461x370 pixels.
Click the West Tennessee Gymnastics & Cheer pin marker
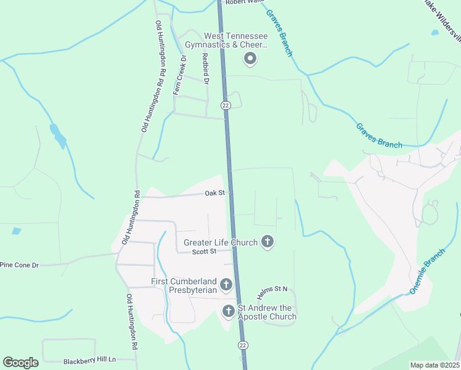point(250,59)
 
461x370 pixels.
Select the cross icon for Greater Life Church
point(267,242)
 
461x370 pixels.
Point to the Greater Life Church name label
point(220,242)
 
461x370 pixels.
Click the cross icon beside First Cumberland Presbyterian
point(226,284)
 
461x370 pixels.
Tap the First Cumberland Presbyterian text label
point(184,286)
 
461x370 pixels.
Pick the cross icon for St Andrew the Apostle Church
point(229,310)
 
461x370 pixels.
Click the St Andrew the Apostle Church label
point(267,313)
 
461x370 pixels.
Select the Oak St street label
point(215,193)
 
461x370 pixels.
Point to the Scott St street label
point(204,251)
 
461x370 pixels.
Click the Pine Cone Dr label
point(19,265)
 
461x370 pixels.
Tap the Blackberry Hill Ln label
point(90,360)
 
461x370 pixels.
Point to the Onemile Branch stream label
point(427,271)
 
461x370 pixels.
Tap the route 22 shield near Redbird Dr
point(226,105)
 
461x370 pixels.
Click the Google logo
point(20,363)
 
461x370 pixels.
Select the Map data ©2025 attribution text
point(434,365)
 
